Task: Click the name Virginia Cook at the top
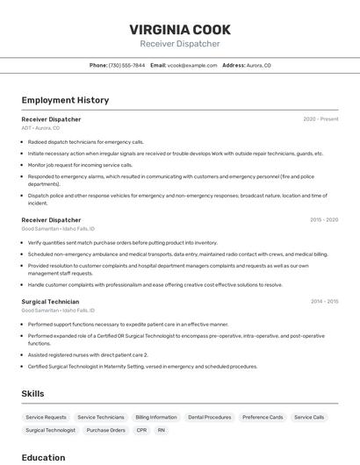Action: (x=179, y=28)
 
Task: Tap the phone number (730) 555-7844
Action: (x=127, y=65)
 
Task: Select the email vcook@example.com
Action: (x=192, y=65)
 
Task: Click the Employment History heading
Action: (x=65, y=100)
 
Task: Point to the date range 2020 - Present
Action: (x=320, y=118)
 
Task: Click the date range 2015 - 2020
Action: (x=324, y=220)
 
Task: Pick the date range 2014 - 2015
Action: (x=324, y=302)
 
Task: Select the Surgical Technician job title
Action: (x=50, y=302)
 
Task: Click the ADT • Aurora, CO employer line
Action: (x=40, y=128)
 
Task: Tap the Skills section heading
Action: (x=32, y=394)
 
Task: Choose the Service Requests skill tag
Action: (x=46, y=418)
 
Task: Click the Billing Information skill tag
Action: (x=156, y=418)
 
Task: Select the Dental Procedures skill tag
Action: (x=209, y=418)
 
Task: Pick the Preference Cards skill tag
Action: (x=263, y=418)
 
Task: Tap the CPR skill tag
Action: (x=141, y=431)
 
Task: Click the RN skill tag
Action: (x=162, y=431)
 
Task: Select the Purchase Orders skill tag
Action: (x=105, y=431)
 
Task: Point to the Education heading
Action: (x=43, y=457)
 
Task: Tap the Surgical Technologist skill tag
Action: (x=50, y=431)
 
